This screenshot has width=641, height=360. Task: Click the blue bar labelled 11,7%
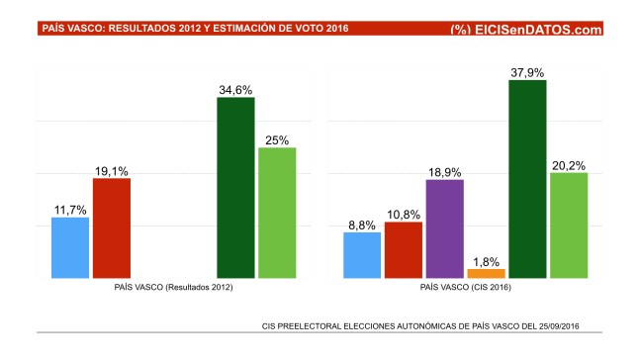(70, 247)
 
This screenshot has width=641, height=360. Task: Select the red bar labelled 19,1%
(111, 227)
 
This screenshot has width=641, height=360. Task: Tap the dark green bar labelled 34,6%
(235, 188)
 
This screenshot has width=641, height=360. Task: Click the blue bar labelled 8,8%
(362, 255)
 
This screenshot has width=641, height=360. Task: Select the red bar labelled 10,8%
(403, 250)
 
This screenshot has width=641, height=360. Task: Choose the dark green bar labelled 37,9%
(527, 179)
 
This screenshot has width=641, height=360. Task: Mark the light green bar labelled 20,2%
(568, 225)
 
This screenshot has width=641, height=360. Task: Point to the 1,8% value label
(486, 259)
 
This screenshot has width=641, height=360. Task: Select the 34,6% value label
(235, 89)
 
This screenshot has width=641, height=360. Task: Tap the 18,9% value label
(444, 171)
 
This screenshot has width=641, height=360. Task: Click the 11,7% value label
(70, 209)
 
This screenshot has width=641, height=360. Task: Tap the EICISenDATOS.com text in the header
(539, 30)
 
